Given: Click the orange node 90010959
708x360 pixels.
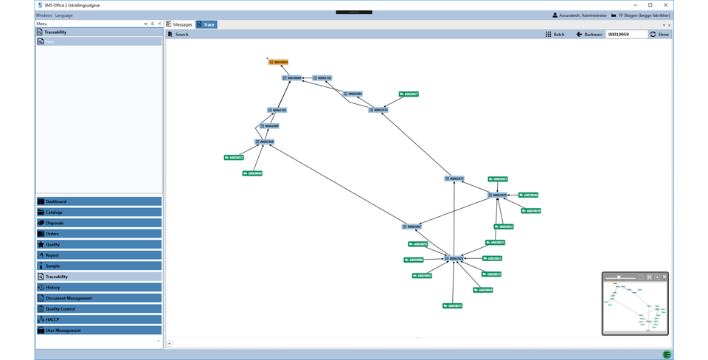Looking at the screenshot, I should click(x=278, y=62).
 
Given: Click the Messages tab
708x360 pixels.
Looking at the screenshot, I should click(x=179, y=24).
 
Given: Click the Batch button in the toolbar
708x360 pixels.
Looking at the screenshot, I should click(x=555, y=35).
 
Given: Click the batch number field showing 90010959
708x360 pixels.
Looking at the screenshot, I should click(x=625, y=35).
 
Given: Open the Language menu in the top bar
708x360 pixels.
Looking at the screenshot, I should click(x=63, y=15).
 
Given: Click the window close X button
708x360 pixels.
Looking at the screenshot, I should click(x=665, y=5).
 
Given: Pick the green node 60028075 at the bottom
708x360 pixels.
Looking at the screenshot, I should click(x=452, y=305).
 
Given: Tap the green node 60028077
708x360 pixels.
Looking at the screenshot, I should click(x=409, y=94).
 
